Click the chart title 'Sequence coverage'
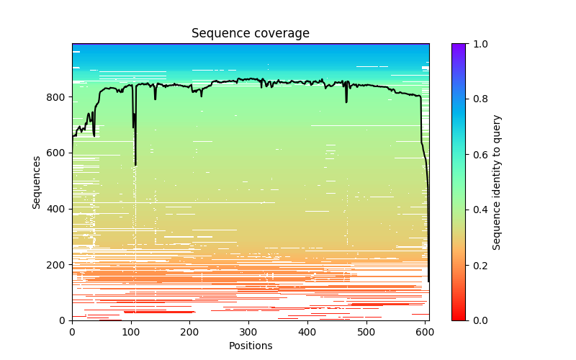pos(251,34)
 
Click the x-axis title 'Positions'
pos(251,346)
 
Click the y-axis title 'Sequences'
pos(36,182)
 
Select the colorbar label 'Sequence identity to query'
pos(497,182)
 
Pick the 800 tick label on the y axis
pos(58,97)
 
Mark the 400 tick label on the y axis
pos(58,209)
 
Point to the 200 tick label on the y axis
pos(58,264)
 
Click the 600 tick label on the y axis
pos(58,153)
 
